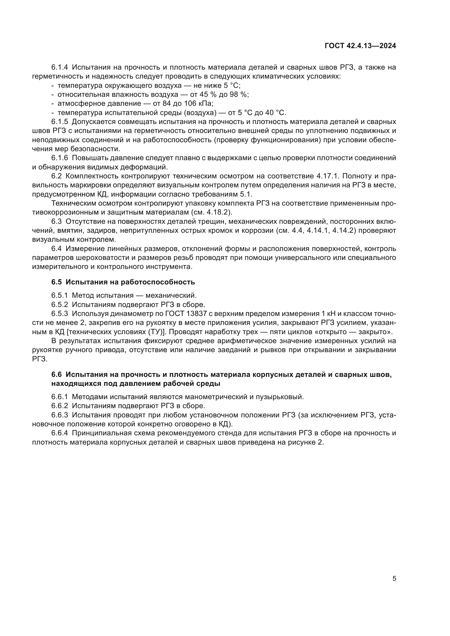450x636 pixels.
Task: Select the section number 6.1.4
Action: coord(60,67)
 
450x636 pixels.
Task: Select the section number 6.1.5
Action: coord(60,122)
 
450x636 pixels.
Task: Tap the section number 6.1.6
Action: coord(60,158)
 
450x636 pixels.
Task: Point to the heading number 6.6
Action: coord(57,375)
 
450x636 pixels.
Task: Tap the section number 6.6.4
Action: coord(60,433)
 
